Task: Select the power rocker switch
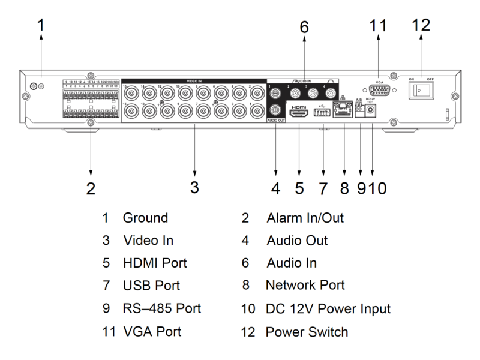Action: pyautogui.click(x=421, y=90)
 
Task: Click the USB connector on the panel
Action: pyautogui.click(x=323, y=111)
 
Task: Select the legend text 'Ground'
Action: pyautogui.click(x=146, y=218)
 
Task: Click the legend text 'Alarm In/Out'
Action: pyautogui.click(x=305, y=218)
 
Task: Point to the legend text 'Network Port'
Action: pyautogui.click(x=306, y=286)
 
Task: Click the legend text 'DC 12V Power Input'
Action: pyautogui.click(x=329, y=308)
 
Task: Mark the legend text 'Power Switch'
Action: pyautogui.click(x=307, y=331)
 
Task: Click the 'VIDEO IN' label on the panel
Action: pyautogui.click(x=195, y=80)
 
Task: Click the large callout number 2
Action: pyautogui.click(x=91, y=188)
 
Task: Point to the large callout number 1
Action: pyautogui.click(x=40, y=26)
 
